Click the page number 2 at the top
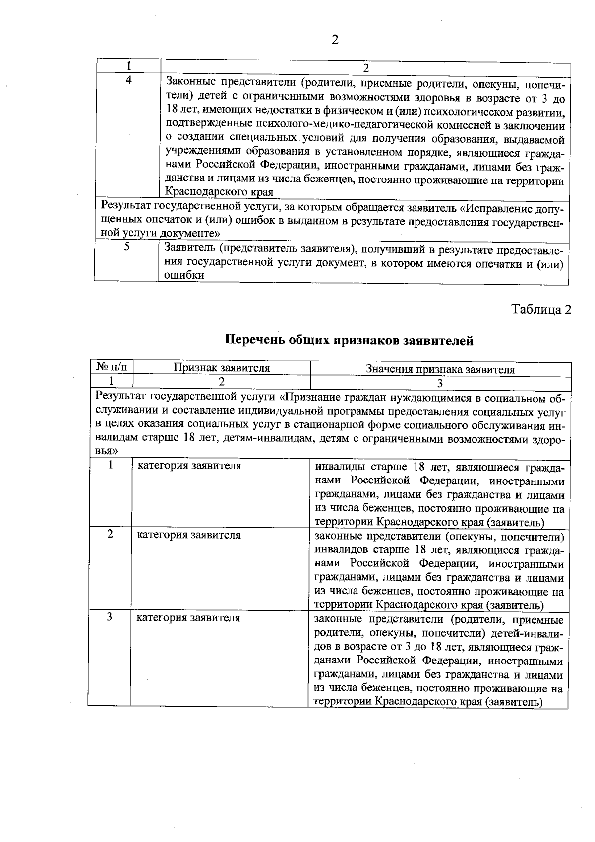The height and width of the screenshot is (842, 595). pyautogui.click(x=335, y=40)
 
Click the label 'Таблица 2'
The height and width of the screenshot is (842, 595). pyautogui.click(x=541, y=310)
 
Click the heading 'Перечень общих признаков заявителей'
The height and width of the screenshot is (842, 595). pyautogui.click(x=349, y=341)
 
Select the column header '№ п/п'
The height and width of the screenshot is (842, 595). pyautogui.click(x=111, y=368)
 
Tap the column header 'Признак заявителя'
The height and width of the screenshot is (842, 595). pyautogui.click(x=221, y=368)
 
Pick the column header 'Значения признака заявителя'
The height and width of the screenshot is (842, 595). pyautogui.click(x=440, y=369)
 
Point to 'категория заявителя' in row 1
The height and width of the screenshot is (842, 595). pyautogui.click(x=189, y=466)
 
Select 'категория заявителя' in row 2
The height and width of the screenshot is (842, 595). pyautogui.click(x=189, y=535)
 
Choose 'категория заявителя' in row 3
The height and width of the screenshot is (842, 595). pyautogui.click(x=188, y=618)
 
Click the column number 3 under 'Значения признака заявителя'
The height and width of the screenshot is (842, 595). pyautogui.click(x=440, y=382)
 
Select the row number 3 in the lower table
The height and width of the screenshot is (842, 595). pyautogui.click(x=109, y=617)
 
